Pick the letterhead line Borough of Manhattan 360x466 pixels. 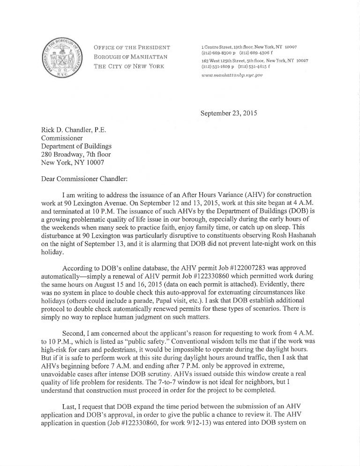(x=125, y=57)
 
